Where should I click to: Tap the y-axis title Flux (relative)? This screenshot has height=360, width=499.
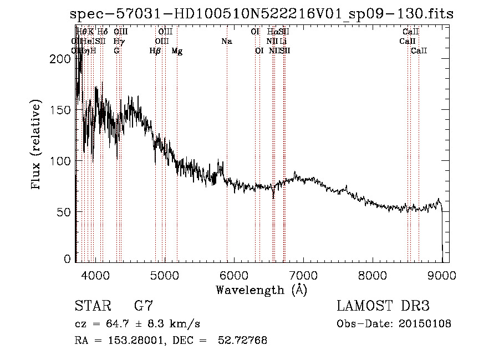[37, 146]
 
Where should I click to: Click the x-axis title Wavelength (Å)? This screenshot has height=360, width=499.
[261, 290]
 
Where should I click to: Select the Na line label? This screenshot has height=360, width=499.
[226, 42]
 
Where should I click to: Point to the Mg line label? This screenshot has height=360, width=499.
[177, 51]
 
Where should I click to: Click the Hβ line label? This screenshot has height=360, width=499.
[155, 51]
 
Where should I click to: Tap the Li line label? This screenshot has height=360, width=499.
[283, 42]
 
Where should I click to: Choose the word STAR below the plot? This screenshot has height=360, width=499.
[90, 306]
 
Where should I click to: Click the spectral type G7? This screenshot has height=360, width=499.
[143, 306]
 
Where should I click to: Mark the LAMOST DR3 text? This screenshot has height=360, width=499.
[383, 306]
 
